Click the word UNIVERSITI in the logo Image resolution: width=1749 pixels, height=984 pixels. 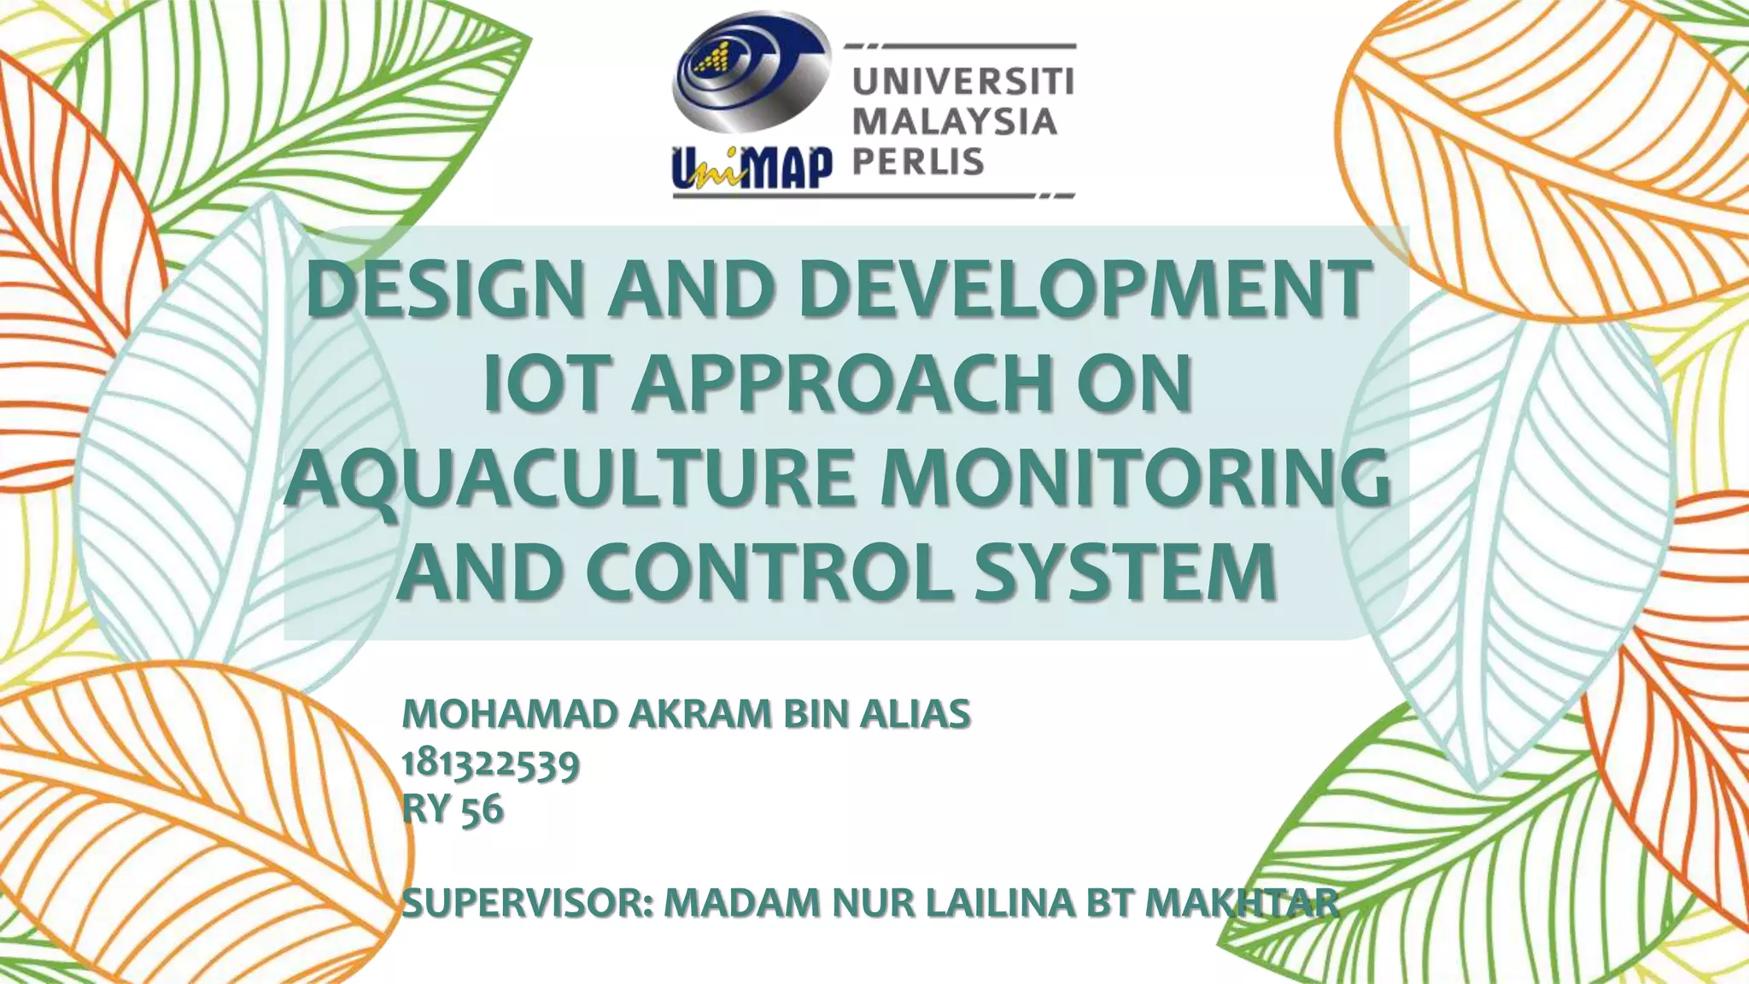963,84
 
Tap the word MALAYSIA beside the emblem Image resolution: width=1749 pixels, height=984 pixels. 955,122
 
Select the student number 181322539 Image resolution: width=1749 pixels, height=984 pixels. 490,763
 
